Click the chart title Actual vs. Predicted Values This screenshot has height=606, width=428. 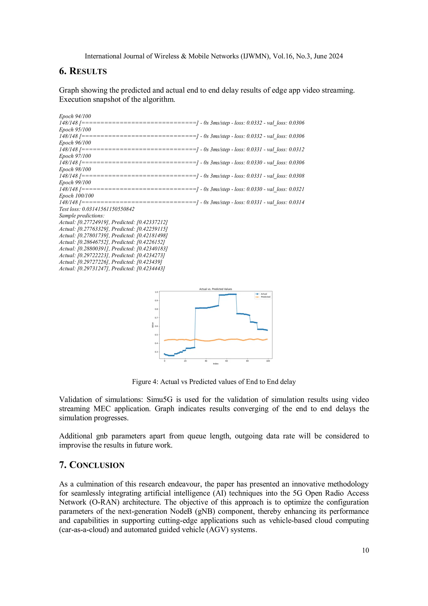215,289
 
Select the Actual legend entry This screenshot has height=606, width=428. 264,294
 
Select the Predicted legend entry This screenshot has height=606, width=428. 265,297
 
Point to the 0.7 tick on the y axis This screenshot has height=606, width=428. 156,318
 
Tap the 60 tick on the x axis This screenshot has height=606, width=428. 227,361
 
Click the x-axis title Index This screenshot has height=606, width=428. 216,364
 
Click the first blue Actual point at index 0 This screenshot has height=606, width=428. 164,354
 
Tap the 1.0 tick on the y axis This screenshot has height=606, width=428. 156,292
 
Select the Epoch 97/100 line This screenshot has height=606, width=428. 75,156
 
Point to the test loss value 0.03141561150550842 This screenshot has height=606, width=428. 108,209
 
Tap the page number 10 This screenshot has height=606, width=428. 365,550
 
